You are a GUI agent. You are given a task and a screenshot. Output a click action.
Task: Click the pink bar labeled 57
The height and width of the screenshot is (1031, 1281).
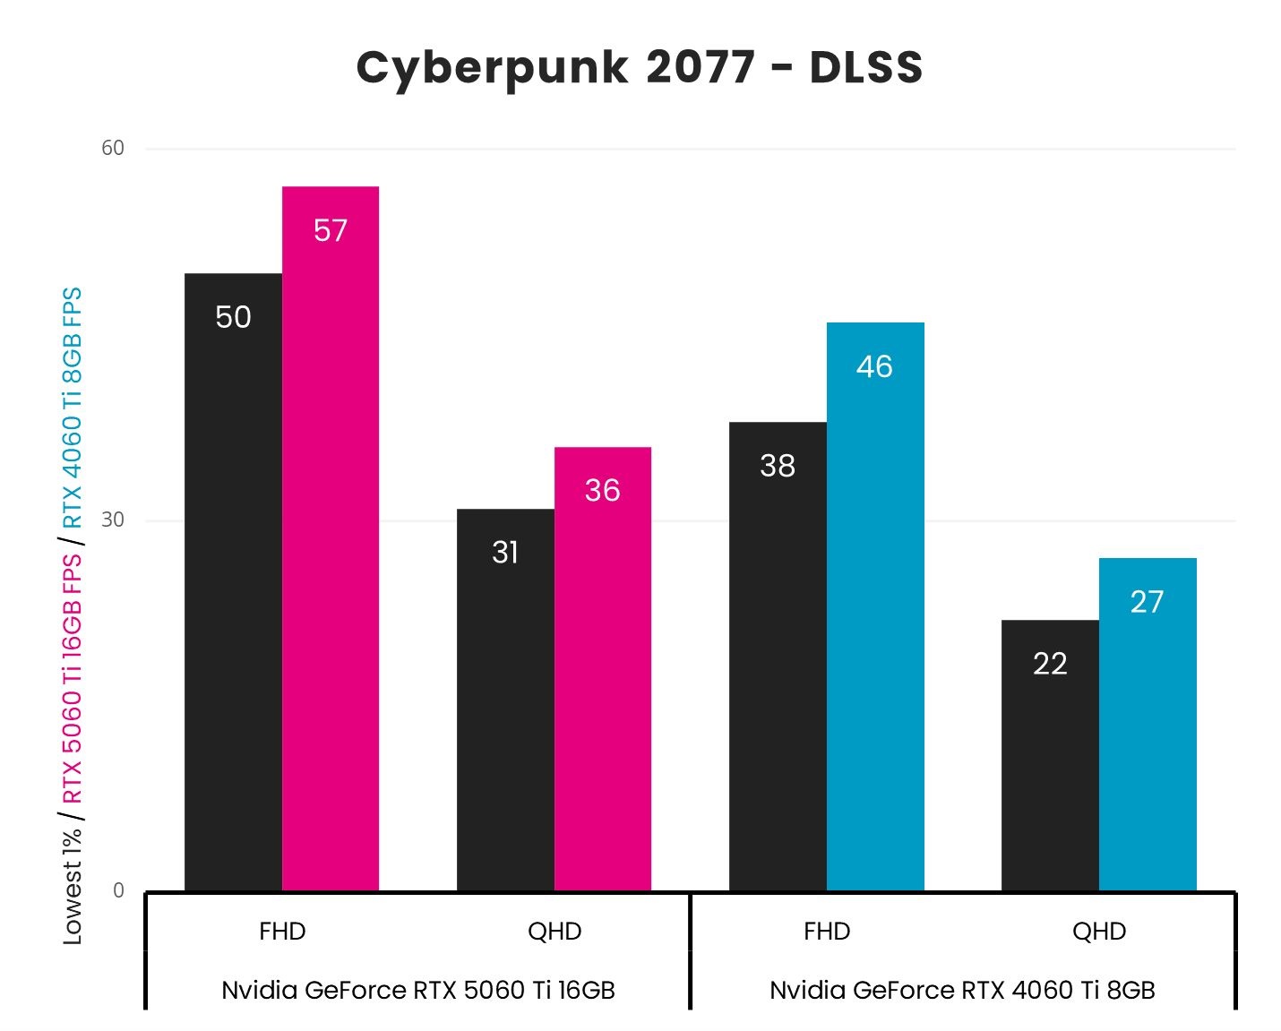click(x=331, y=537)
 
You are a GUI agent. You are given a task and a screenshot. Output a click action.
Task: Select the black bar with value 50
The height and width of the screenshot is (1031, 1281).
click(x=233, y=582)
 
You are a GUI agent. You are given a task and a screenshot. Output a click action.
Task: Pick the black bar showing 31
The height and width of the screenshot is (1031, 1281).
click(x=505, y=700)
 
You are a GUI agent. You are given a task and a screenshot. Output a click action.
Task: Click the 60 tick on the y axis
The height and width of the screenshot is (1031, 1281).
click(x=113, y=148)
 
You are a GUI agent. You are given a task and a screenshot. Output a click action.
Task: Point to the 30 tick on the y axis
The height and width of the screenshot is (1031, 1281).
click(x=113, y=520)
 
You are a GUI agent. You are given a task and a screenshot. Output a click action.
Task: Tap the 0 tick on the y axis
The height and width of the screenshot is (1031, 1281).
click(x=118, y=890)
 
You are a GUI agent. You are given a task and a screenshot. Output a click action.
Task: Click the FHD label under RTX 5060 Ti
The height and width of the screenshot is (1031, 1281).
click(x=282, y=932)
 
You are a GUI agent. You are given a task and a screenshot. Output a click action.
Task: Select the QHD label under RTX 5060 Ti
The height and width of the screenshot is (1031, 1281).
click(x=555, y=932)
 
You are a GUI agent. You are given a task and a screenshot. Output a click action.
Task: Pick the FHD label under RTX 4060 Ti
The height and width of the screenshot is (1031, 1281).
click(x=827, y=932)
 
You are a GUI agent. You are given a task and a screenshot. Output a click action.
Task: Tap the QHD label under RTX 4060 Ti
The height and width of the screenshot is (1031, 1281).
click(x=1099, y=932)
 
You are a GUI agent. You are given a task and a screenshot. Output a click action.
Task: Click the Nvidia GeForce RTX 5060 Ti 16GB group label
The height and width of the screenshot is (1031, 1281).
click(x=418, y=990)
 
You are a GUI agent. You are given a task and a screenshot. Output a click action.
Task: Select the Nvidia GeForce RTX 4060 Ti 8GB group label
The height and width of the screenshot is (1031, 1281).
click(x=962, y=990)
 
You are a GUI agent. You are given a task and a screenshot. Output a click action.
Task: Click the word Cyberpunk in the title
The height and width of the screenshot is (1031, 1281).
click(x=492, y=68)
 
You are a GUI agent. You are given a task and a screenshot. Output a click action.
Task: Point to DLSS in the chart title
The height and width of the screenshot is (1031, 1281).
click(x=865, y=68)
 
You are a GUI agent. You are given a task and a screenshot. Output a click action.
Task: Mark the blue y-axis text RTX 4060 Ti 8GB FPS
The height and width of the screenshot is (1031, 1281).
click(x=73, y=408)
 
